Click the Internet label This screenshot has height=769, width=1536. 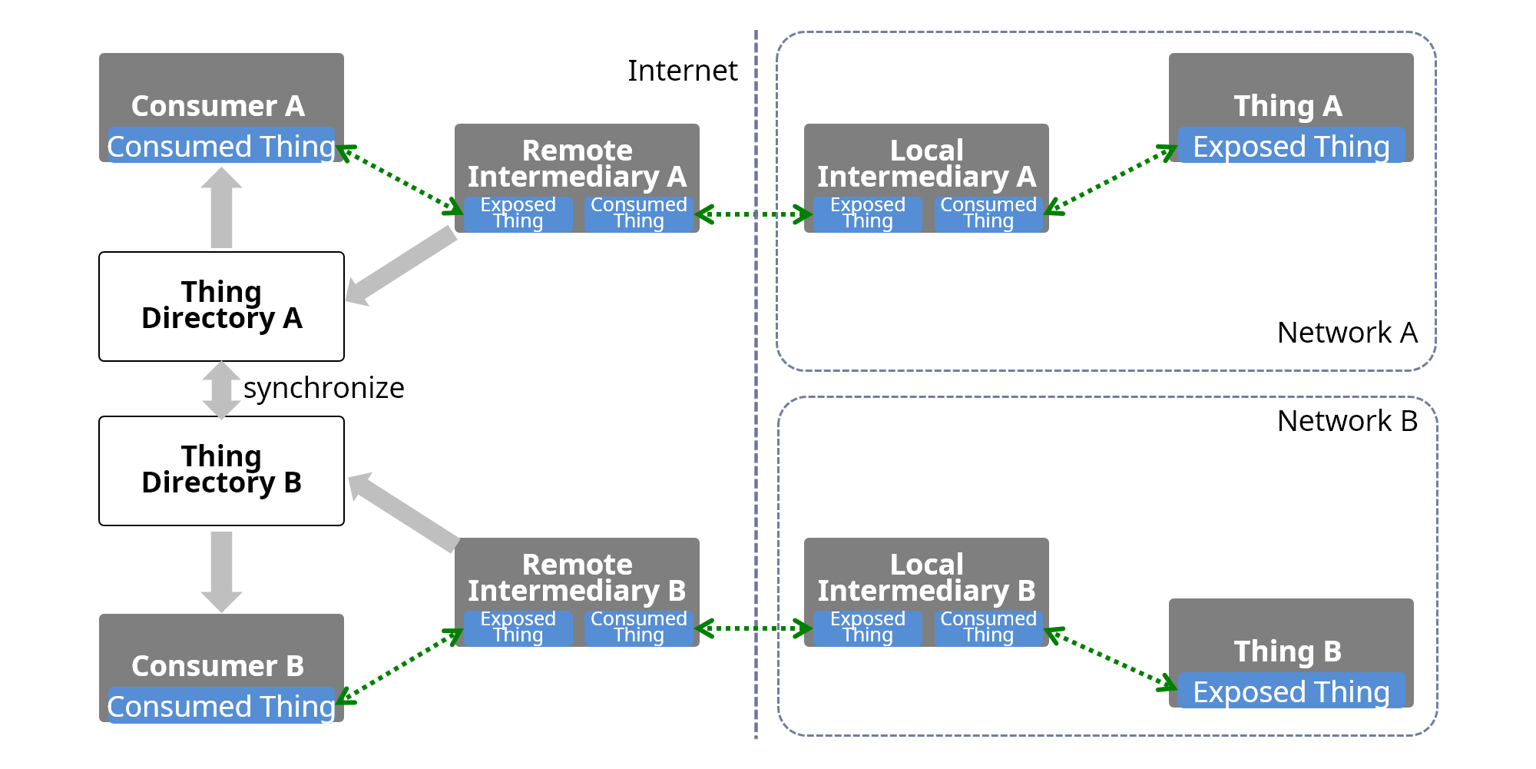point(682,71)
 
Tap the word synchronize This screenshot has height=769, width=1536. point(323,388)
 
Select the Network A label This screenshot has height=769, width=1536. point(1347,333)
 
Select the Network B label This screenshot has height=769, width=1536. point(1347,421)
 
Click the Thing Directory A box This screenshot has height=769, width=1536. point(221,306)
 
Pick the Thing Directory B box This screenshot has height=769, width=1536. point(221,470)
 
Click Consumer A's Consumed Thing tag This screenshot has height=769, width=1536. point(221,146)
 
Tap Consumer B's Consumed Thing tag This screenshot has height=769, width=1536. point(221,705)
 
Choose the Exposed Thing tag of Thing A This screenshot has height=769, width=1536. point(1291,146)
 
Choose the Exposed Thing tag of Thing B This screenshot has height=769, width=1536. point(1291,691)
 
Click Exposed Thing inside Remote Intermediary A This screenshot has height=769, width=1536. point(518,214)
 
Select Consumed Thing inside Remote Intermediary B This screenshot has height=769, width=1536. point(639,628)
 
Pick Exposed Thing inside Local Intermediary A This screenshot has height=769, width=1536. point(867,214)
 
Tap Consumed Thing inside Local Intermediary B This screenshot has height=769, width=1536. point(988,628)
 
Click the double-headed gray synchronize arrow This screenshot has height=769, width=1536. point(221,390)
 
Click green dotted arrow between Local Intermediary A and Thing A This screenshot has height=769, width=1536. point(1110,179)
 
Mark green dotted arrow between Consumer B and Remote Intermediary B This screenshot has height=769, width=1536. point(400,665)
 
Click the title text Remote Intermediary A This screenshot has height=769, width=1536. point(577,164)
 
